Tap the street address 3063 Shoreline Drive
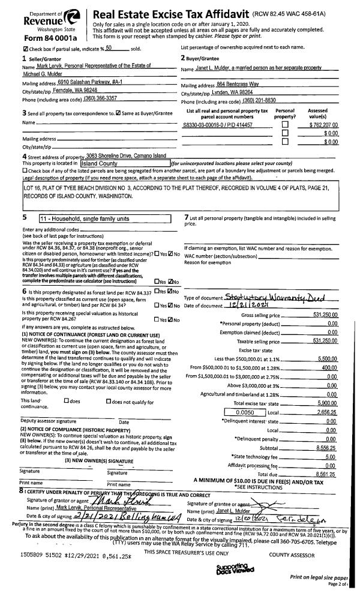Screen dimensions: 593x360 126,155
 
